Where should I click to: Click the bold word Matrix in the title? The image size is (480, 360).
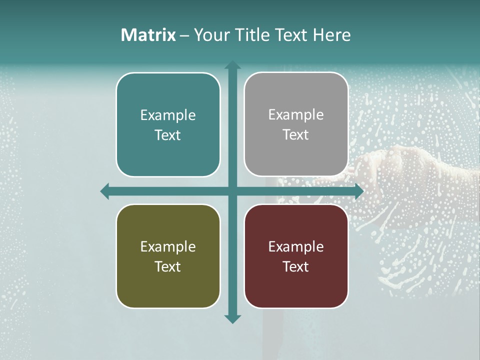tap(148, 35)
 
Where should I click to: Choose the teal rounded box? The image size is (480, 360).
tap(168, 124)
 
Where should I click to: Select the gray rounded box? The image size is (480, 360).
tap(296, 124)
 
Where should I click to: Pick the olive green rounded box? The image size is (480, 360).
tap(168, 256)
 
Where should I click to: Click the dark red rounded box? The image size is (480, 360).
tap(296, 256)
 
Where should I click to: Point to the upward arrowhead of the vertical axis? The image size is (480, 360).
tap(232, 65)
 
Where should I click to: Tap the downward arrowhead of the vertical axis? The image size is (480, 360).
tap(232, 318)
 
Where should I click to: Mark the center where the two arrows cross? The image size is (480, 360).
tap(232, 191)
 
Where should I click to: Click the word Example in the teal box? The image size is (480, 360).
tap(168, 115)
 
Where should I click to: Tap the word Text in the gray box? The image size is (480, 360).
tap(296, 135)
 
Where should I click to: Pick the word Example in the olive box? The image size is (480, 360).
tap(168, 246)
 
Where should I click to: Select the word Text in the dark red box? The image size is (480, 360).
tap(296, 266)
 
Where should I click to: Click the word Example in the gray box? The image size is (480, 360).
tap(296, 115)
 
